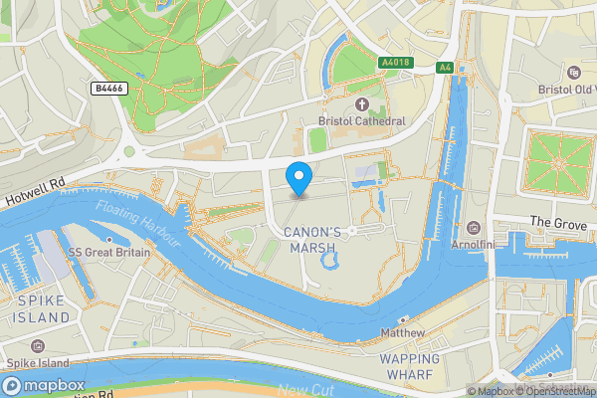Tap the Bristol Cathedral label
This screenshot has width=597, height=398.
[361, 120]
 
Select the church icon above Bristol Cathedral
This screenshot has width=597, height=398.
[361, 103]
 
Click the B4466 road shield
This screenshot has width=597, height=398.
[108, 89]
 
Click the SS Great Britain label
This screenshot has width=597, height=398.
[109, 253]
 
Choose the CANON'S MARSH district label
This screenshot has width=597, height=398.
[312, 239]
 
